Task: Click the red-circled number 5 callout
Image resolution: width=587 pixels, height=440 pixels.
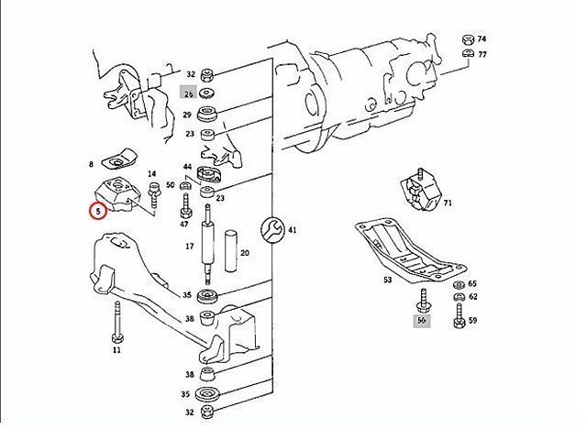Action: [98, 211]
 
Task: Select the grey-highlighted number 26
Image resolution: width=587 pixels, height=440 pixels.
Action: [189, 93]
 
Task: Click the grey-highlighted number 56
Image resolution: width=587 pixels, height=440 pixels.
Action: [422, 320]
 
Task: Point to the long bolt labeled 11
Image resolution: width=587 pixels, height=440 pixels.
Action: [116, 322]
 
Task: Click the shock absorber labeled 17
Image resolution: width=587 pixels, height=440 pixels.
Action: [207, 245]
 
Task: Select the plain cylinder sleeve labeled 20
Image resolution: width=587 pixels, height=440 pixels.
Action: [231, 250]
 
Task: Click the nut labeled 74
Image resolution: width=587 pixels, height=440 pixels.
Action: [467, 39]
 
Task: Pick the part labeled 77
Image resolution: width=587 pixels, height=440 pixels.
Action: [467, 53]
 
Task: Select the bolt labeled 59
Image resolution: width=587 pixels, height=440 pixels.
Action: [459, 315]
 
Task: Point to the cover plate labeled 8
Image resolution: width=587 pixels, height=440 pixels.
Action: [119, 159]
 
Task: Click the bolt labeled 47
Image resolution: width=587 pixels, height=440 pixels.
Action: [185, 206]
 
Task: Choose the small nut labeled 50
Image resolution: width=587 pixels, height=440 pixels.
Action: [184, 185]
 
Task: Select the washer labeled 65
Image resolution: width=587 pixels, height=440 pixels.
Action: [459, 285]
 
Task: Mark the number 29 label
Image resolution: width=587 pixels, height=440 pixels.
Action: [187, 115]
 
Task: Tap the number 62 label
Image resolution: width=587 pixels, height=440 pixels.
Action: [473, 297]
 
